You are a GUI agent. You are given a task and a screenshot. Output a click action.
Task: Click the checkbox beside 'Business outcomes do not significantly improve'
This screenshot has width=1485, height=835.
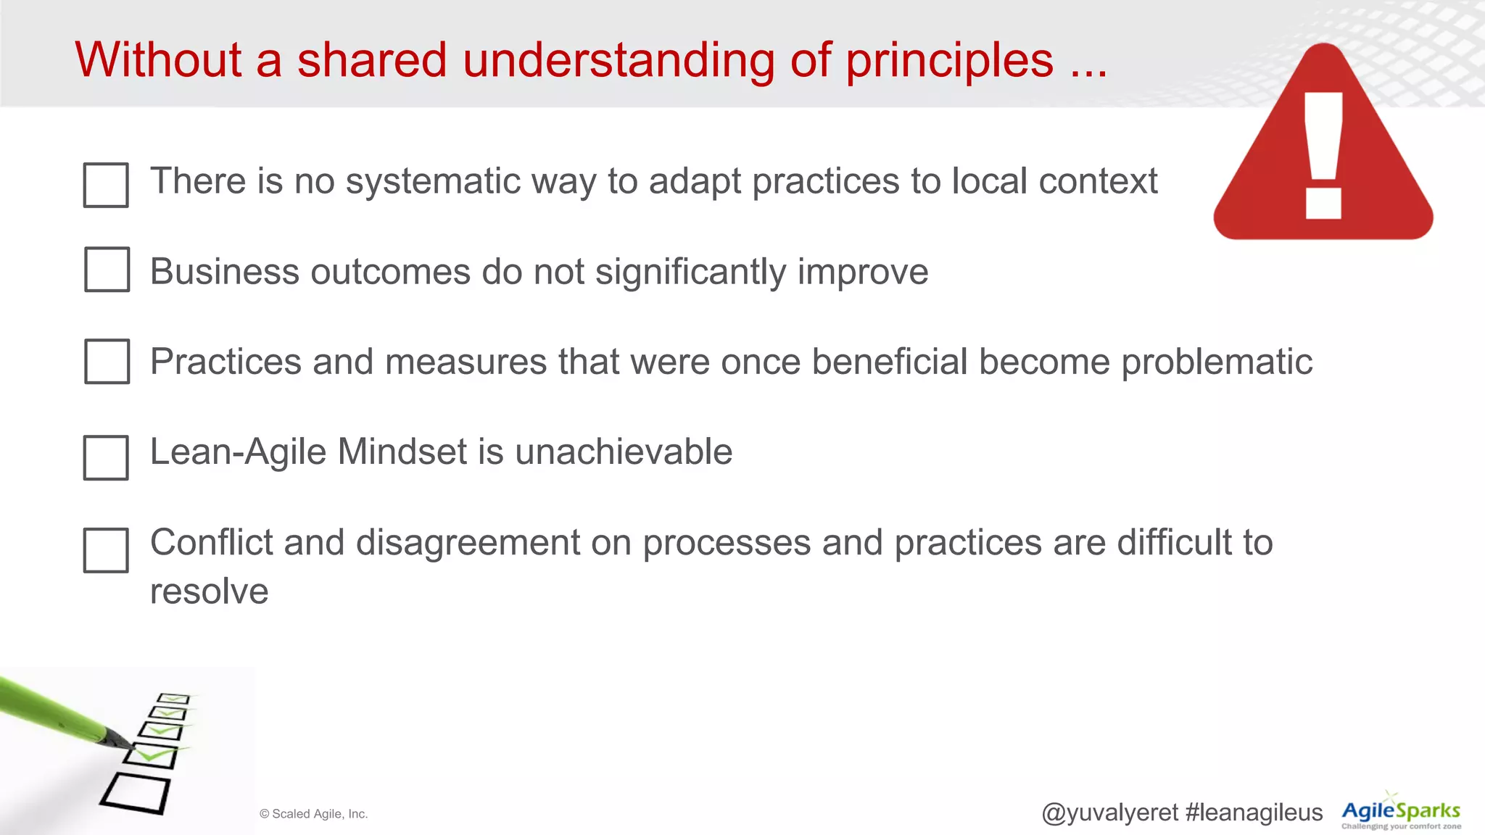[107, 270]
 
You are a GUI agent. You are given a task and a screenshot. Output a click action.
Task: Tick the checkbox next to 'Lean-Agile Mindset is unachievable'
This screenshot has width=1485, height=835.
[106, 457]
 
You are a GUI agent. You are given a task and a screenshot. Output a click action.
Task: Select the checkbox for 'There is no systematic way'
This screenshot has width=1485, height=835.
[106, 185]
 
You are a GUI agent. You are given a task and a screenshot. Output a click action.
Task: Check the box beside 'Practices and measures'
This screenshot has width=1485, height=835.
[107, 361]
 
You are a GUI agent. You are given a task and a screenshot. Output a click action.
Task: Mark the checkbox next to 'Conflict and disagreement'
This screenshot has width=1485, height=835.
[106, 550]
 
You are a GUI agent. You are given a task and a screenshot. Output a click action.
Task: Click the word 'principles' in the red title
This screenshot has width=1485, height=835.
[949, 61]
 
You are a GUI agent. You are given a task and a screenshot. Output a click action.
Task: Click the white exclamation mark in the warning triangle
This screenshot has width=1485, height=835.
[1323, 155]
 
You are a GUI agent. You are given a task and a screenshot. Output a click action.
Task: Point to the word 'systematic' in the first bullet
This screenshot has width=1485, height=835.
[433, 181]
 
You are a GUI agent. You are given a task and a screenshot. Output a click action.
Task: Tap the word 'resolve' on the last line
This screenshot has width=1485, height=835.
[209, 591]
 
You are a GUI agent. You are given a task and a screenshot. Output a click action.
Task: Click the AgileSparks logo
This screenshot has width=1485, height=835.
[1401, 812]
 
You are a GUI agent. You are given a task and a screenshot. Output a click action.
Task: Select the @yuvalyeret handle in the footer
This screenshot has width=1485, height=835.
[1109, 813]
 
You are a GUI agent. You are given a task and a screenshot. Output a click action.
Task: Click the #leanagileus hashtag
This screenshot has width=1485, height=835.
[1254, 813]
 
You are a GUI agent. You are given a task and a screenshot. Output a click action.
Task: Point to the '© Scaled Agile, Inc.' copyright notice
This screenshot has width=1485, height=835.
[313, 814]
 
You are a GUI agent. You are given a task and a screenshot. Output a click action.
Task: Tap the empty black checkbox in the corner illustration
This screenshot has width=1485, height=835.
[136, 793]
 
